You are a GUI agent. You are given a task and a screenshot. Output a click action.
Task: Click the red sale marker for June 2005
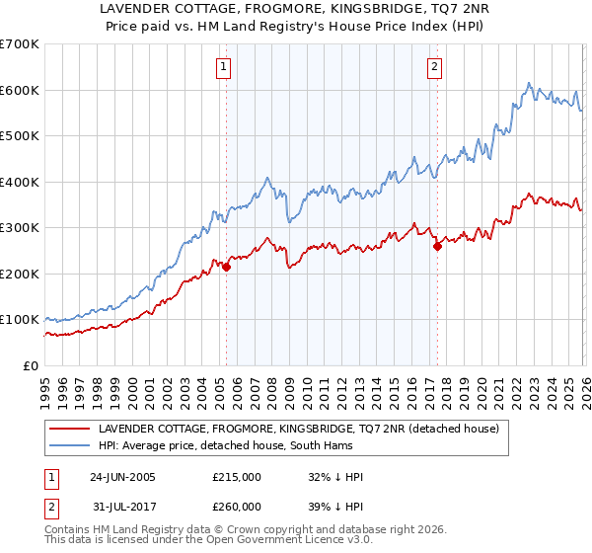click(x=227, y=267)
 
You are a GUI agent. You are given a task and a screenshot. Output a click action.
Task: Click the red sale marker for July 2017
click(x=437, y=246)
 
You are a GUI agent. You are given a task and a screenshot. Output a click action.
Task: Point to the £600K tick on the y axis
click(x=20, y=90)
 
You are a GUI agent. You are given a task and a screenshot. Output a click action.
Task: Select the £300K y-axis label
click(x=20, y=227)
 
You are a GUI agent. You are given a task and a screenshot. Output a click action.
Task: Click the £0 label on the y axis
click(x=32, y=365)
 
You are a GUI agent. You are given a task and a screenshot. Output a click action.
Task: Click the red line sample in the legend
click(x=70, y=430)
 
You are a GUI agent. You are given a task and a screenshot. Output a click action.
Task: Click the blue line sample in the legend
click(x=70, y=445)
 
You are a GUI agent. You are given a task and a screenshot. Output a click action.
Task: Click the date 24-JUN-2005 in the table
click(x=122, y=477)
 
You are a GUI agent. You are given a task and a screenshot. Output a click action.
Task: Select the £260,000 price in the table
click(x=237, y=506)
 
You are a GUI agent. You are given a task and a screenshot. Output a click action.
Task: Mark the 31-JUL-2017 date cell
click(x=122, y=506)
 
